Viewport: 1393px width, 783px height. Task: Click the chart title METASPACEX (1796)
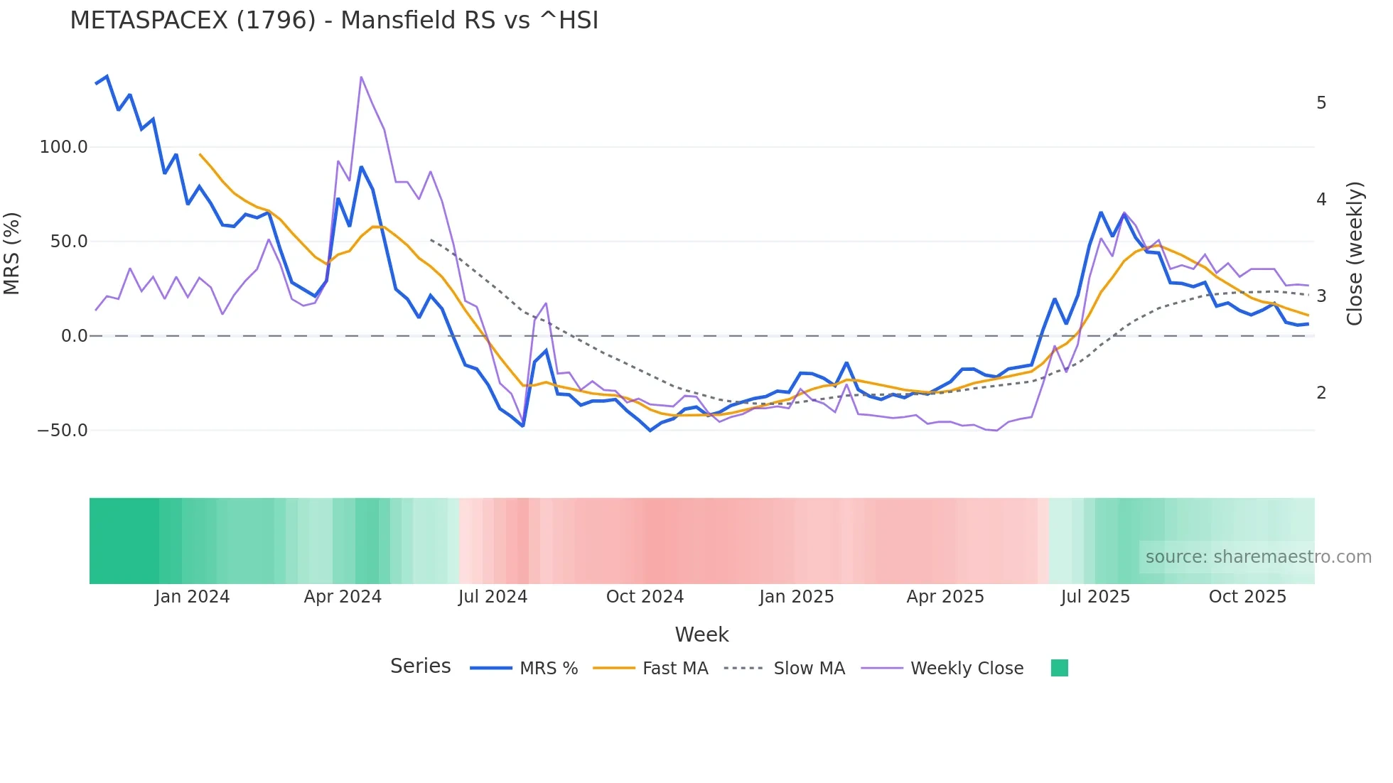[334, 21]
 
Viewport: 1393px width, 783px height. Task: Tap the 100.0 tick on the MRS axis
[63, 147]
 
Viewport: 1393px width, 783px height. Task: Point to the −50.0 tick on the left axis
[63, 431]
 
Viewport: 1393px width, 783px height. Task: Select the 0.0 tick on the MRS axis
[74, 336]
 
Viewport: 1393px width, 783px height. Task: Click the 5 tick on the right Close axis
[1321, 103]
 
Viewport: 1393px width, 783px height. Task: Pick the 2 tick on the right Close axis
[1321, 393]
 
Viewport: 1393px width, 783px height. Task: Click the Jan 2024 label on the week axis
[192, 597]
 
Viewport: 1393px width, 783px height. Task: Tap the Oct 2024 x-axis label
[645, 597]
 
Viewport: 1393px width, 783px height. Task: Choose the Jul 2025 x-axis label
[1095, 597]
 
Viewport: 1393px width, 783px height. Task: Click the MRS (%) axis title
[12, 253]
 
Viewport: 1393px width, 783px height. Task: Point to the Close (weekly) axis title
[1355, 253]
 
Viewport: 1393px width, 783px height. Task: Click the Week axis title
[701, 634]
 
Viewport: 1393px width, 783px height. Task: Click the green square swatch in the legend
[1059, 668]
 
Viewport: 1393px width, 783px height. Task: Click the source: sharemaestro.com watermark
[1258, 557]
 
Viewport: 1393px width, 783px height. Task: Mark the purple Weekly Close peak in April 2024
[361, 77]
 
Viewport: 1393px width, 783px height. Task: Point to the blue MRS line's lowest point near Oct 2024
[650, 431]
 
